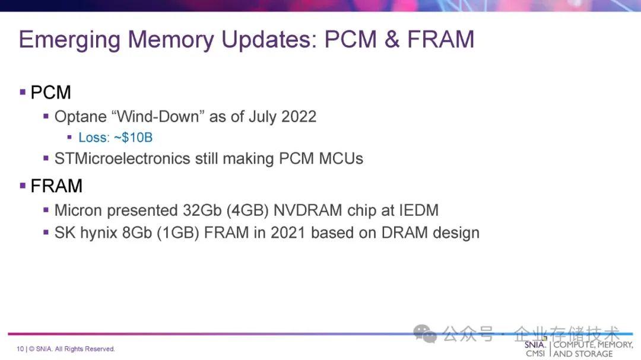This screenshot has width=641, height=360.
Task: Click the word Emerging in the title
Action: point(69,40)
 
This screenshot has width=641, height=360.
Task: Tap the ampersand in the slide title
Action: point(392,39)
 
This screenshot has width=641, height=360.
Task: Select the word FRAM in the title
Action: point(440,39)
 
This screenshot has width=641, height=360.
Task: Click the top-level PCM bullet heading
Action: point(50,93)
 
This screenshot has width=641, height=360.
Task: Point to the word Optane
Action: point(81,117)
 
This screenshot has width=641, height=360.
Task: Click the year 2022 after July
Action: point(299,116)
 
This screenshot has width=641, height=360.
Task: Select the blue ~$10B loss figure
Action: point(133,138)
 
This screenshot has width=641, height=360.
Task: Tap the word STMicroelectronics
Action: point(122,158)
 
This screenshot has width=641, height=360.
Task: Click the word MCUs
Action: point(341,158)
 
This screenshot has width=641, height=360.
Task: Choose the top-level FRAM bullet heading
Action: point(56,186)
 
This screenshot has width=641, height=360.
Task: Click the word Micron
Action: point(78,211)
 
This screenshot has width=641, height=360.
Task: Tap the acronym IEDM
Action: point(418,211)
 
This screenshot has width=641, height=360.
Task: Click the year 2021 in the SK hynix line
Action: point(288,232)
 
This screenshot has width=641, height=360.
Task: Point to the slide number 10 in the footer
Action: point(20,349)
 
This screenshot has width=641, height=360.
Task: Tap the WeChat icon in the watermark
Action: point(425,334)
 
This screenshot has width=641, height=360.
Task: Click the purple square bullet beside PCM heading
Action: point(23,92)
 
